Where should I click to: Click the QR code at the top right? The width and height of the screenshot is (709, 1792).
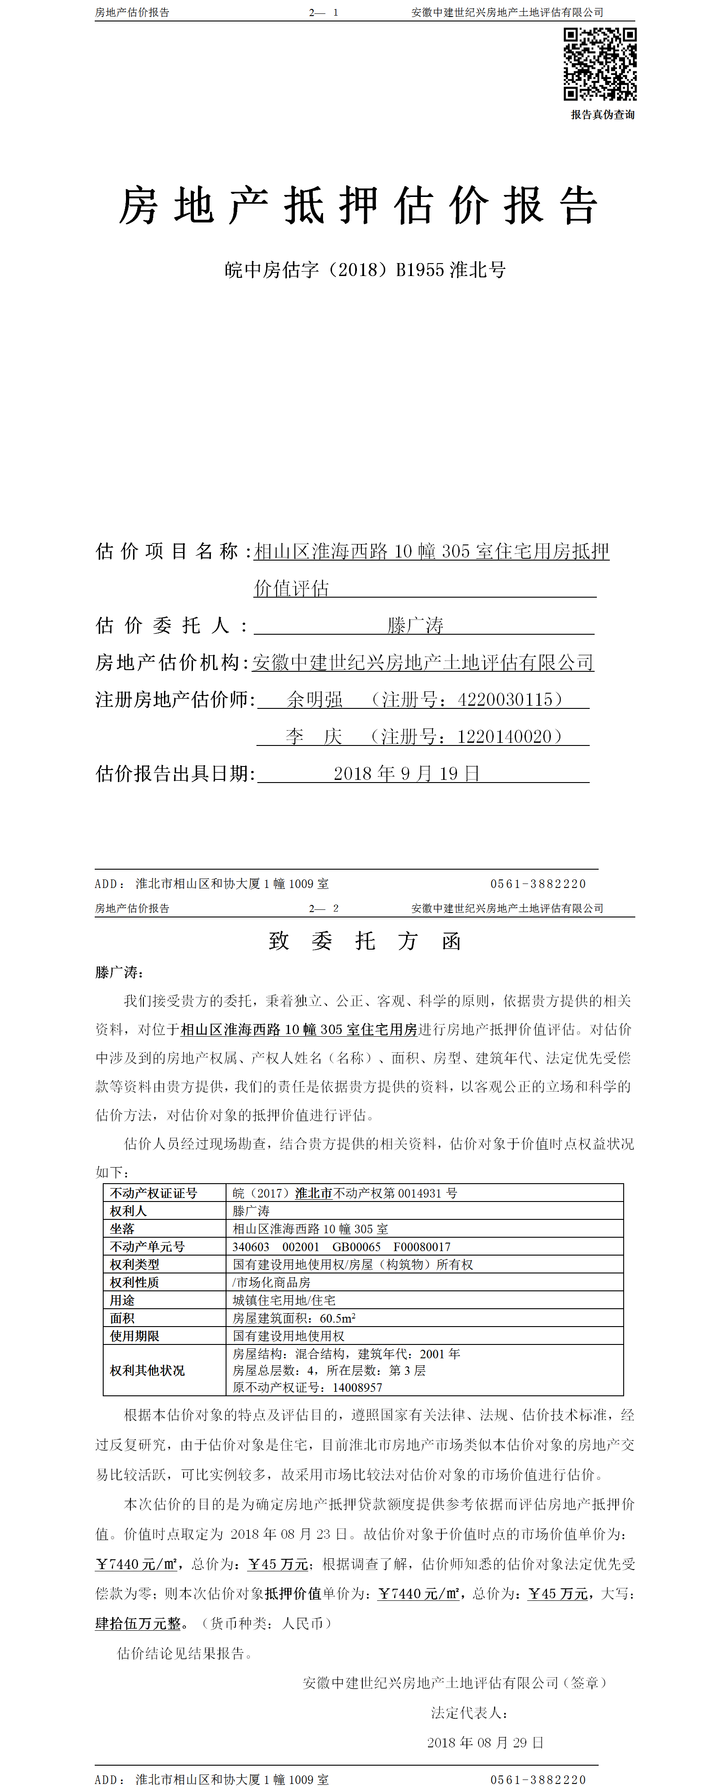(x=600, y=64)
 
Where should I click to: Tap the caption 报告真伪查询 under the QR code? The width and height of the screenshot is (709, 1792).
(x=603, y=115)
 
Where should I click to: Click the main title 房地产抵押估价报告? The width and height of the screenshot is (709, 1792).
(x=358, y=207)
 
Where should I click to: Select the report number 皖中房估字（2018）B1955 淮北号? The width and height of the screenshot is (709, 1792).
(x=365, y=270)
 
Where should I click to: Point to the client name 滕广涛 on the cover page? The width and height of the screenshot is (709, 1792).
(x=415, y=625)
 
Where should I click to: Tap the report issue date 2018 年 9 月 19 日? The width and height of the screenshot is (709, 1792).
(x=407, y=774)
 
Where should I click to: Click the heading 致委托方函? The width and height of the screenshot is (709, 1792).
(x=365, y=941)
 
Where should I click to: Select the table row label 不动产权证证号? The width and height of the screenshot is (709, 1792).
(x=154, y=1193)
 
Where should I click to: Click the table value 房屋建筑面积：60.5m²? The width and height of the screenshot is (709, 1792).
(x=294, y=1318)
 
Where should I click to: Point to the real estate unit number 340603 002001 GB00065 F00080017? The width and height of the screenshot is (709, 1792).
(x=341, y=1247)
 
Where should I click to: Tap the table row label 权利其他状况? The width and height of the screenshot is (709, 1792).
(x=147, y=1370)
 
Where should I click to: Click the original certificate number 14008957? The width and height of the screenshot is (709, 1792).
(x=357, y=1388)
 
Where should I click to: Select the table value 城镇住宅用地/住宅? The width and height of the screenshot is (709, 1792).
(x=284, y=1300)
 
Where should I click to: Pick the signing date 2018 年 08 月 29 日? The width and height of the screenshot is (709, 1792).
(x=485, y=1742)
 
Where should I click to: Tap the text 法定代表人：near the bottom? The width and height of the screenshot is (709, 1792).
(x=470, y=1712)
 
